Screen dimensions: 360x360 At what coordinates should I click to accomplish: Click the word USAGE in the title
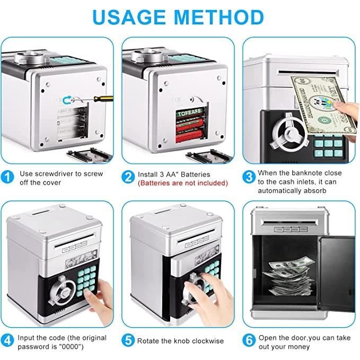tap(129, 17)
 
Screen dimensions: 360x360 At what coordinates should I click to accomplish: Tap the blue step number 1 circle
tap(7, 177)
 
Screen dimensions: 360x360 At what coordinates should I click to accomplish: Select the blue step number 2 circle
tap(128, 177)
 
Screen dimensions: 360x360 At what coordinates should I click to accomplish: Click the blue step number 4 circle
tap(7, 340)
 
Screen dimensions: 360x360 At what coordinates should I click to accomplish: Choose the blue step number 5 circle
tap(128, 340)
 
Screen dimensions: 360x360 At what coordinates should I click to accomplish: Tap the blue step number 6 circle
tap(249, 340)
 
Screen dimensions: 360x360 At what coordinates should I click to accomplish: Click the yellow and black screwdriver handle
tap(103, 99)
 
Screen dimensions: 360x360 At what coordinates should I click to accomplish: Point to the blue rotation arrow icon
tap(67, 100)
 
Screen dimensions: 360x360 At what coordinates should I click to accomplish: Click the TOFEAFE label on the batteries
tap(189, 112)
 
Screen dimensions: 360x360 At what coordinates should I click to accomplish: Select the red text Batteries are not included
tap(183, 183)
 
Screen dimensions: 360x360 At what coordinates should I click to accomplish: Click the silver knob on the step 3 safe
tap(289, 133)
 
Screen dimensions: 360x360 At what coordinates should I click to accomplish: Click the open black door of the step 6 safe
tap(337, 274)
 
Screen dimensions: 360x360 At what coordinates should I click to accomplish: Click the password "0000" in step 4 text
tap(71, 346)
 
